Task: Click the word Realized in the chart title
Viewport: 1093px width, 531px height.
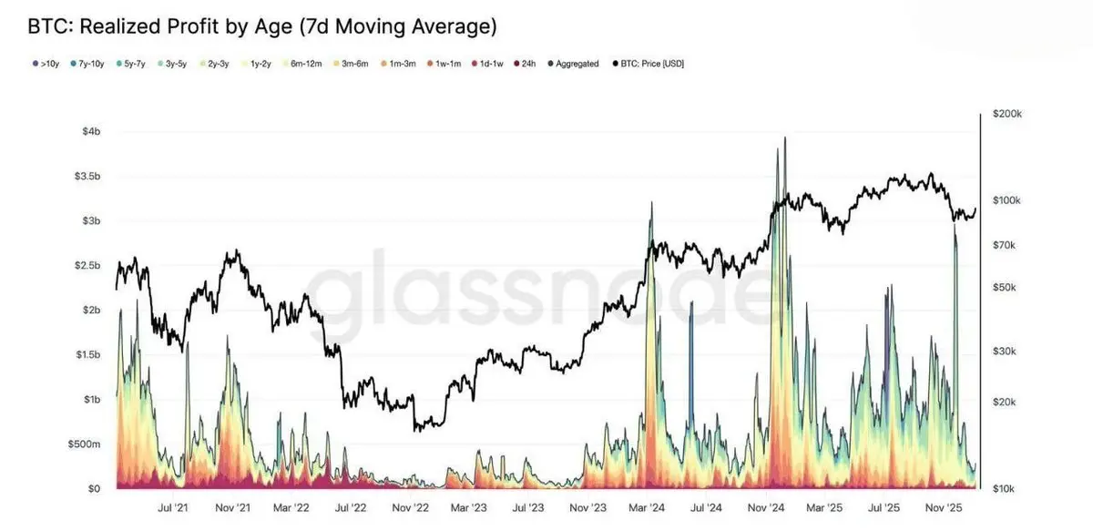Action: [126, 26]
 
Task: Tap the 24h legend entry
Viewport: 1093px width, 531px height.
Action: [526, 64]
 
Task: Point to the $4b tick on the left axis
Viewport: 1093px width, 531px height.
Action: [90, 132]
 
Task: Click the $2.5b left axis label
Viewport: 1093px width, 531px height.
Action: [87, 265]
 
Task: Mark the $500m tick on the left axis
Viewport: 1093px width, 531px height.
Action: [86, 444]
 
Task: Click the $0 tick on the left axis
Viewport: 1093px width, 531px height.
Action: [94, 489]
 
